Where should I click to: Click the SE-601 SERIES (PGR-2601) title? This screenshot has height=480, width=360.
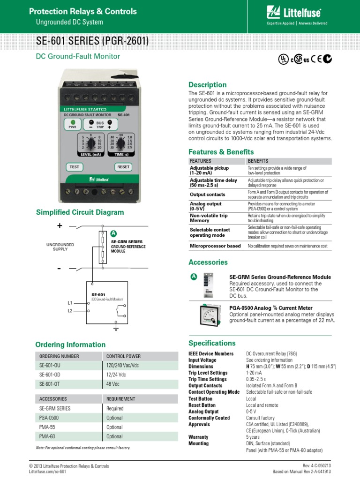pos(92,42)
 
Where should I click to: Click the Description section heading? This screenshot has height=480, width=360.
pos(207,85)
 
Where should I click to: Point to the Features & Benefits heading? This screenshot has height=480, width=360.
pos(221,152)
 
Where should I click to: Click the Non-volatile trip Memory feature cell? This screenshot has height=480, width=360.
pos(209,218)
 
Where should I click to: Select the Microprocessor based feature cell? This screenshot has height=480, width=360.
pos(215,246)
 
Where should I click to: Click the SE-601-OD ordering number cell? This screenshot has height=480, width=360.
pos(49,375)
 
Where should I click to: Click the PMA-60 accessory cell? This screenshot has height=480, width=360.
pos(48,436)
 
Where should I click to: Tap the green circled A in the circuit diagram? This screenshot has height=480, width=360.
pos(113,233)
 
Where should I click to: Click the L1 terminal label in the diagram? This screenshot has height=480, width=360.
pos(70,303)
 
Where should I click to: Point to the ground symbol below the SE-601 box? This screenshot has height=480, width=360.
pos(115,329)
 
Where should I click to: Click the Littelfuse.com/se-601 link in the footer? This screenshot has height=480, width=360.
pos(47,472)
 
